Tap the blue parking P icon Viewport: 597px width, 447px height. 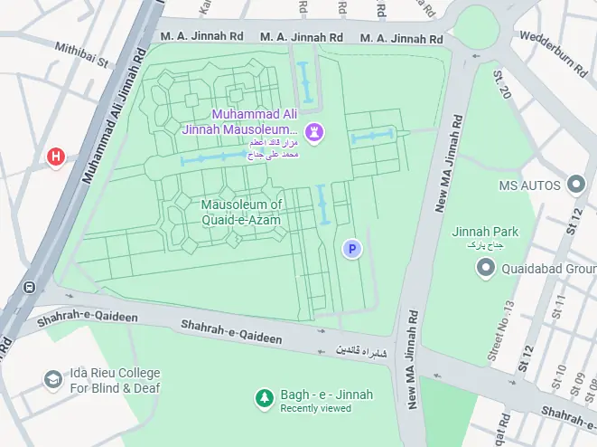[351, 248]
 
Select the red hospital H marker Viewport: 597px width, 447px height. [56, 157]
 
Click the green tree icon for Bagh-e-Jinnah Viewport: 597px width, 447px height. [264, 397]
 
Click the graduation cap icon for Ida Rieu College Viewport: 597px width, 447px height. [53, 380]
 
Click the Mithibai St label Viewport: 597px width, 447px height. [81, 54]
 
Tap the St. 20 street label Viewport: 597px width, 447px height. [502, 84]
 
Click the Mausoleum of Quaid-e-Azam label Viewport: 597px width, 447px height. [241, 212]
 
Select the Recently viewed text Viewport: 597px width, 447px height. [315, 409]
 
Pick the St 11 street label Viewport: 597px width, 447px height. [560, 305]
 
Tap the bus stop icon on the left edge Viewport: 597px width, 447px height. [30, 288]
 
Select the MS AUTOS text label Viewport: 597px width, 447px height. [530, 185]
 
